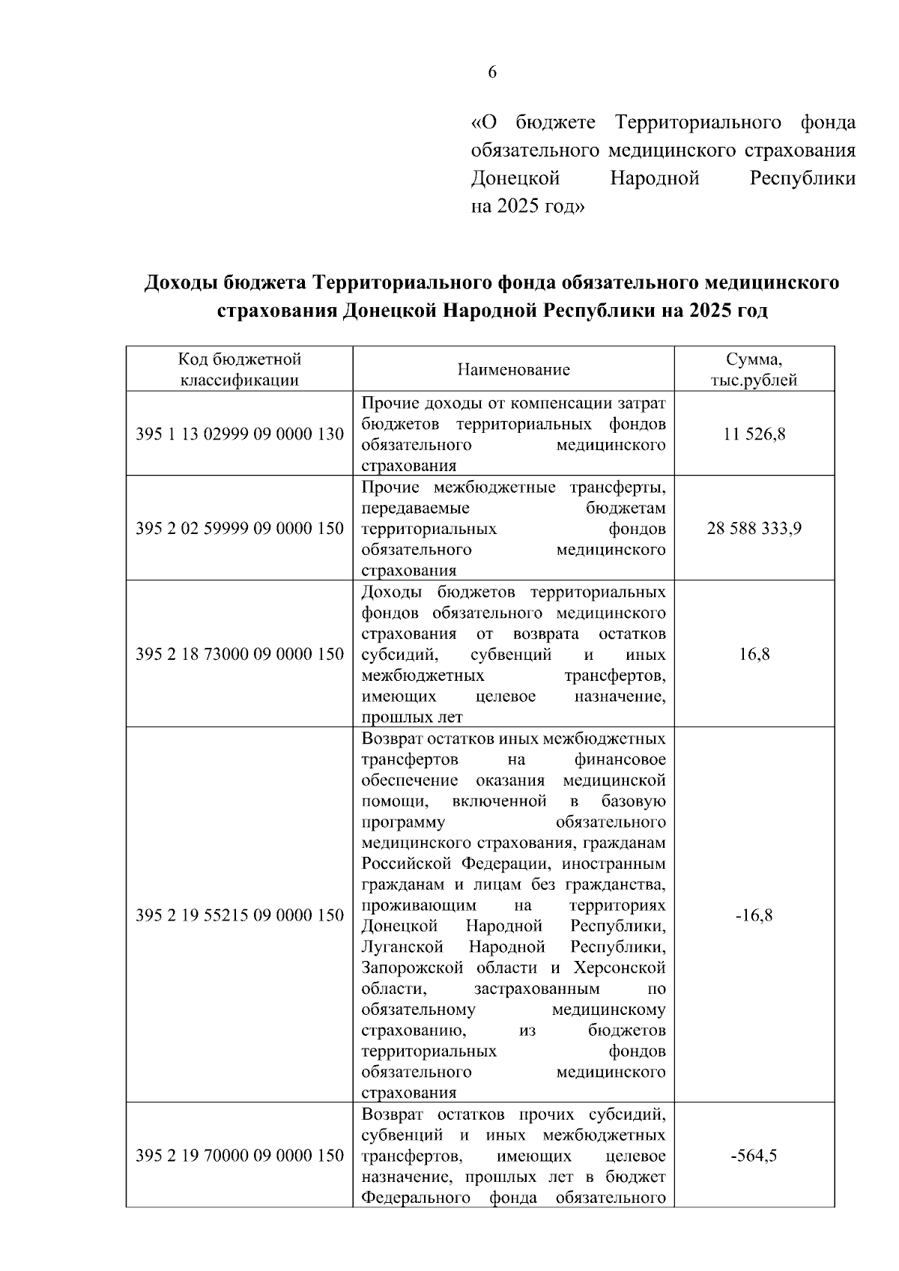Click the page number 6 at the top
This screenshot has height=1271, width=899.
[491, 73]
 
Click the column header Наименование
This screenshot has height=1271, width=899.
[513, 369]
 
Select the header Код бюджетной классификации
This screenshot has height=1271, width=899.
[240, 369]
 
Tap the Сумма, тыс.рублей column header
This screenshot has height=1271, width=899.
[754, 369]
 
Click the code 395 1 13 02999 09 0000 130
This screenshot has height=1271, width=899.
[240, 434]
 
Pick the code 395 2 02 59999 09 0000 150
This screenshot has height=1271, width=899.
[240, 529]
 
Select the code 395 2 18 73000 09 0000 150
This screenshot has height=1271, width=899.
[240, 654]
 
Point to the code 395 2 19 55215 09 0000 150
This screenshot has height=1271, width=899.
[240, 915]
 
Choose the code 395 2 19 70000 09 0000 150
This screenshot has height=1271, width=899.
[240, 1156]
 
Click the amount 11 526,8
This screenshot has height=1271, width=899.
[754, 434]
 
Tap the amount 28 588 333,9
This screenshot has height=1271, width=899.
[754, 529]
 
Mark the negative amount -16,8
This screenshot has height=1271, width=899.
[754, 915]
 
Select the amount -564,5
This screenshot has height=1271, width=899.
[754, 1156]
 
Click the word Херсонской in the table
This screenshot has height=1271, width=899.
[620, 968]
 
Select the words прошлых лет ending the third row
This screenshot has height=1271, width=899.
[411, 717]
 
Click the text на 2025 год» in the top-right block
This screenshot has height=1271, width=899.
[527, 206]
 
